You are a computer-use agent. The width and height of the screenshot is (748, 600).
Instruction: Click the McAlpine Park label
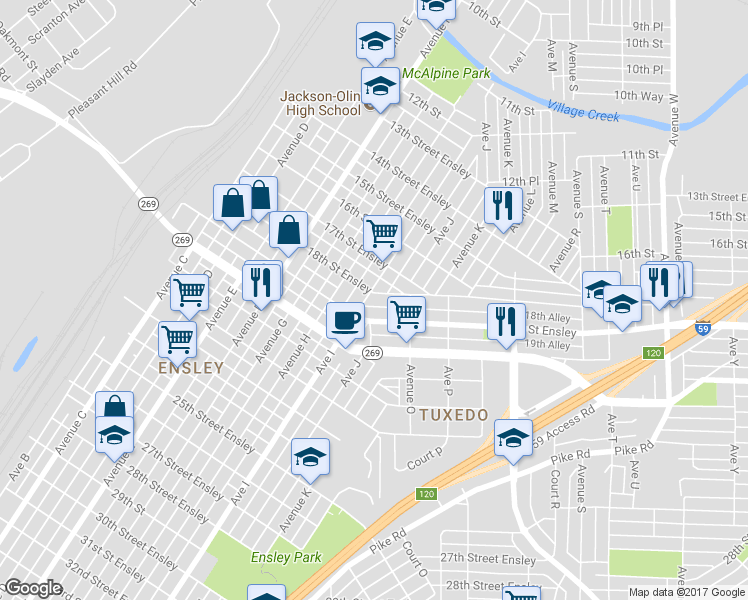(x=445, y=74)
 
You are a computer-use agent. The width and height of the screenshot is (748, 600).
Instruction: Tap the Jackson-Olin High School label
(x=320, y=103)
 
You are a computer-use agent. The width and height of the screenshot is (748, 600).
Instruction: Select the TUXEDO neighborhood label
(x=454, y=414)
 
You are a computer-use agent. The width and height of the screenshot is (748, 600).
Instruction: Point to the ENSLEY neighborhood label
(x=189, y=368)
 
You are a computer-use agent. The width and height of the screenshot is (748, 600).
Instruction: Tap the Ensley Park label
(x=286, y=557)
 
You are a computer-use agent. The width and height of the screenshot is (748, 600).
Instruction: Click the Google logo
(x=33, y=588)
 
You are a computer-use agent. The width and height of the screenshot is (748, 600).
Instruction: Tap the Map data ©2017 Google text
(x=686, y=592)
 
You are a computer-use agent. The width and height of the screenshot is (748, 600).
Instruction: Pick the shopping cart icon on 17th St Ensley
(x=382, y=233)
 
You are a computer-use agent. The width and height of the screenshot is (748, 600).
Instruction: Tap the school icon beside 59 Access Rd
(x=514, y=438)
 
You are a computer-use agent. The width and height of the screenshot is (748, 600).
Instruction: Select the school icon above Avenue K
(x=310, y=457)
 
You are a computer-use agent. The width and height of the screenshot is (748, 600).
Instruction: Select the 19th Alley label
(x=547, y=345)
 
